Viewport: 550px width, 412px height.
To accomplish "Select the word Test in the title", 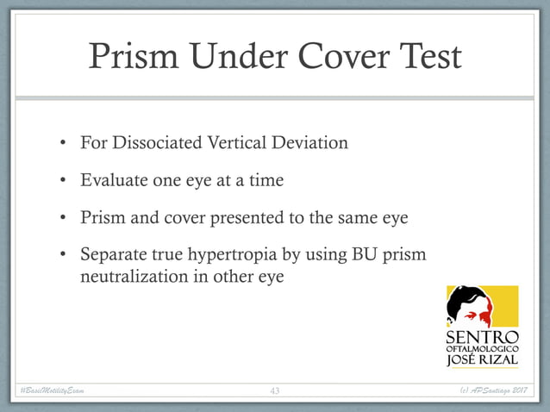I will (x=428, y=58).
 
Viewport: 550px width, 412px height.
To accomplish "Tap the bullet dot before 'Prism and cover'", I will (x=63, y=219).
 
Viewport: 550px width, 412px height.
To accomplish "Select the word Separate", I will (x=113, y=257).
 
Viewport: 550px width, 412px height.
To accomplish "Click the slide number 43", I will (x=275, y=391).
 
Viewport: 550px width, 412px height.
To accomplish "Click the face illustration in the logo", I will (x=470, y=307).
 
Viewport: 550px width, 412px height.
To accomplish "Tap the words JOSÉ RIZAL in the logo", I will (x=482, y=361).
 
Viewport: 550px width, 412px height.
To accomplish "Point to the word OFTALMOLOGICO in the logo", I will (x=482, y=348).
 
